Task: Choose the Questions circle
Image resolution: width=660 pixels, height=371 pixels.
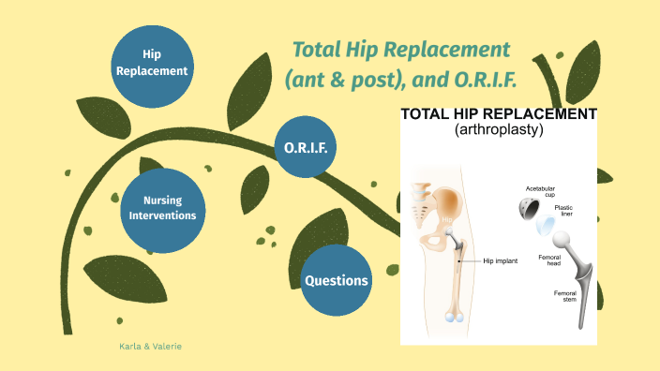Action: (x=335, y=280)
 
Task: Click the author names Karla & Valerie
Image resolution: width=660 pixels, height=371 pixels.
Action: (x=150, y=347)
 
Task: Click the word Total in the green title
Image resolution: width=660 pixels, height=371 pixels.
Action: (x=319, y=49)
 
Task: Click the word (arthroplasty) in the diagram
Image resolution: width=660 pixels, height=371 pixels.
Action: (x=498, y=130)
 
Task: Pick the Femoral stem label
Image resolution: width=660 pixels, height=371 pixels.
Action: (x=566, y=297)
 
